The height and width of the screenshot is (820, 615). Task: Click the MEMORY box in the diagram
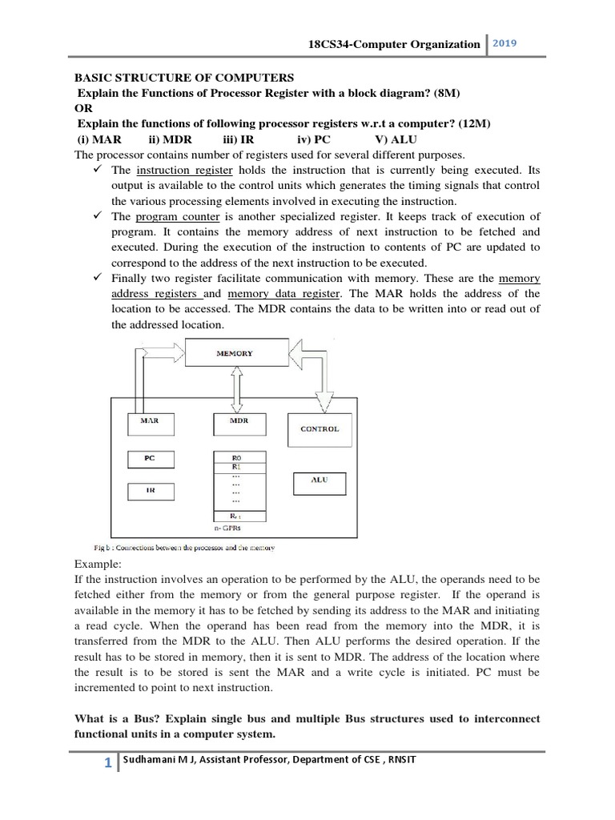(x=235, y=353)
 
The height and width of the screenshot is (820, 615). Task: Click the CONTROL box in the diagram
(x=320, y=429)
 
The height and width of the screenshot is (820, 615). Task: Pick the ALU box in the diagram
(x=319, y=482)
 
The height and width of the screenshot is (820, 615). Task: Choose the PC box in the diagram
(x=151, y=459)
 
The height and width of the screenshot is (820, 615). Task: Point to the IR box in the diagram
(x=151, y=490)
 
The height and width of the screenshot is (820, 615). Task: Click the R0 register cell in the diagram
(x=236, y=457)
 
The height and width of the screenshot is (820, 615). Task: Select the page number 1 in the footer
(x=107, y=764)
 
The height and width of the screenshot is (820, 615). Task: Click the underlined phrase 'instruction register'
(x=184, y=171)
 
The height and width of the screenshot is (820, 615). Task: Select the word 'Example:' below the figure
(x=96, y=564)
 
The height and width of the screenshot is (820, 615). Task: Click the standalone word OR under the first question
(x=83, y=108)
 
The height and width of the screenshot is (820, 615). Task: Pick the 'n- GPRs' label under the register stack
(x=227, y=529)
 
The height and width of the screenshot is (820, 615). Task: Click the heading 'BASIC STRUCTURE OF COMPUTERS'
(x=184, y=78)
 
